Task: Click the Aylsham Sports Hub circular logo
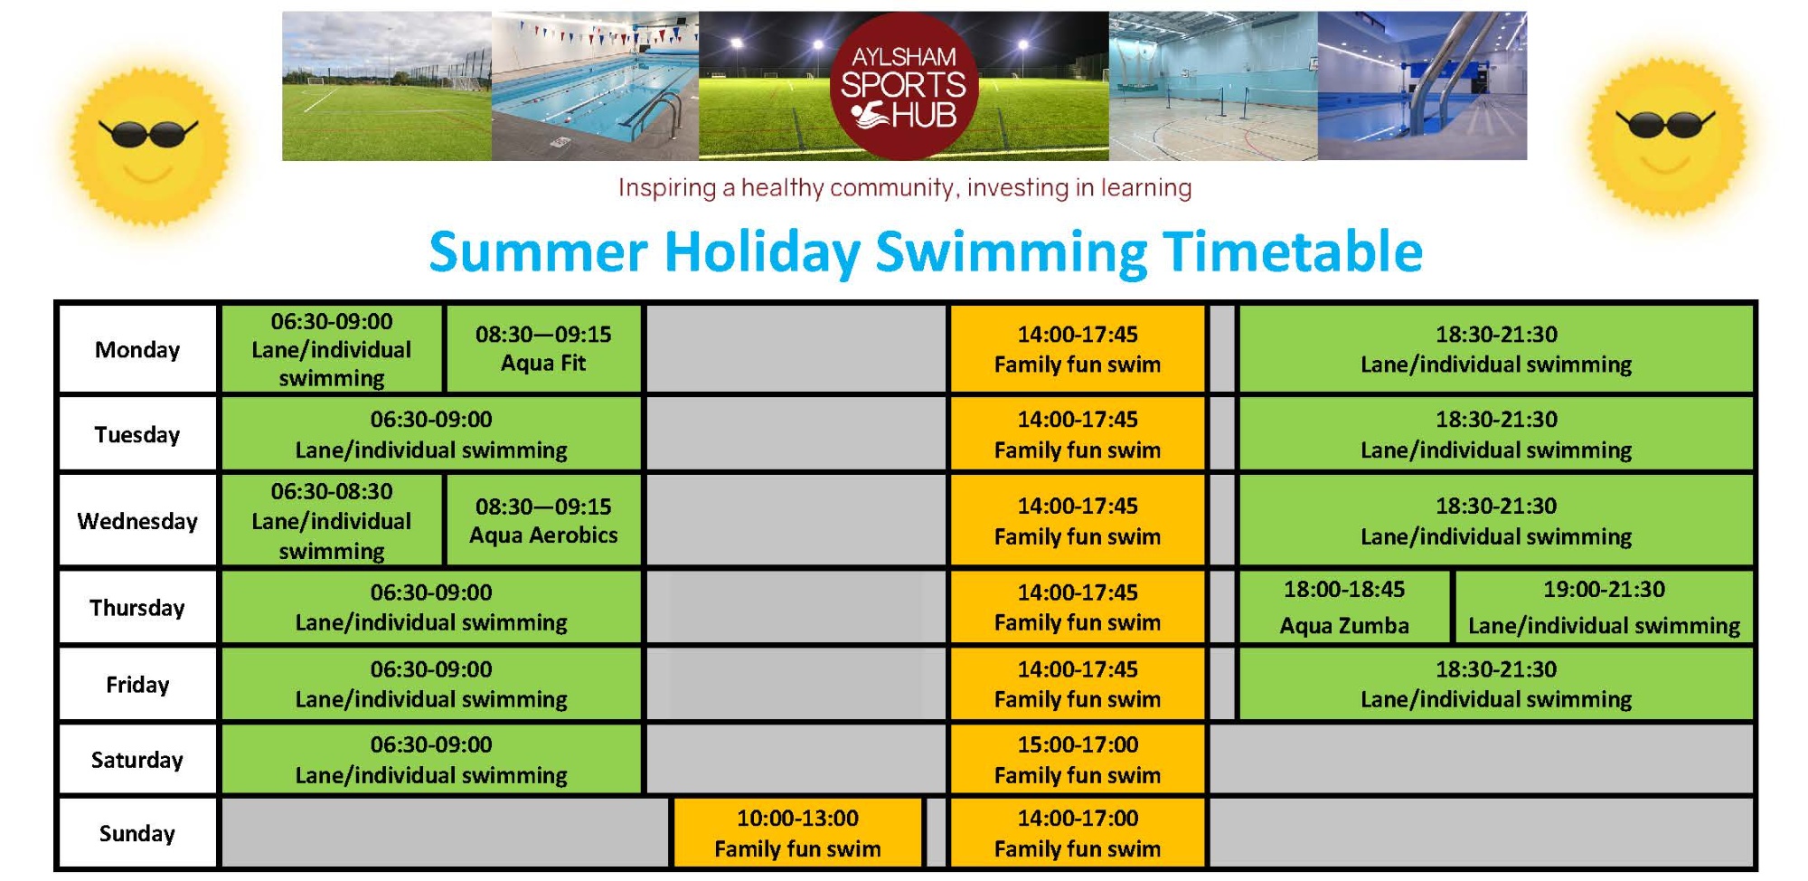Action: point(904,86)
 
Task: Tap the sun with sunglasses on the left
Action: point(149,145)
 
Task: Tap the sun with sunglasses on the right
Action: point(1666,137)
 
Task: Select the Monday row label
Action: point(137,349)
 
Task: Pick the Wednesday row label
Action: point(137,521)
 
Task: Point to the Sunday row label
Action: point(137,833)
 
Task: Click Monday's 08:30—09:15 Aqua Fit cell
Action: point(543,349)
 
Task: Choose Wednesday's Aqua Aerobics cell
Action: point(543,521)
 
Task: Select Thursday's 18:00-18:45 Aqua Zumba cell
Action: point(1344,607)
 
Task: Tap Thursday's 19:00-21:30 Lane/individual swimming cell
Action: point(1604,607)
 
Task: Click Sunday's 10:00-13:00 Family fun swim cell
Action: point(797,833)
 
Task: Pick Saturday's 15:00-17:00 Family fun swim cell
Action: point(1078,760)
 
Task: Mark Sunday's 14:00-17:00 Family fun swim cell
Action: point(1078,833)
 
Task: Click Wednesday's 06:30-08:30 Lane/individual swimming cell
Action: point(332,521)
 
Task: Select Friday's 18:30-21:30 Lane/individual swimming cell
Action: point(1496,684)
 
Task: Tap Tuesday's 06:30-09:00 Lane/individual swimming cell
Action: point(431,434)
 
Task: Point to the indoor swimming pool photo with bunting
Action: point(595,86)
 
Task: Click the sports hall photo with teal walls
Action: point(1213,86)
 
